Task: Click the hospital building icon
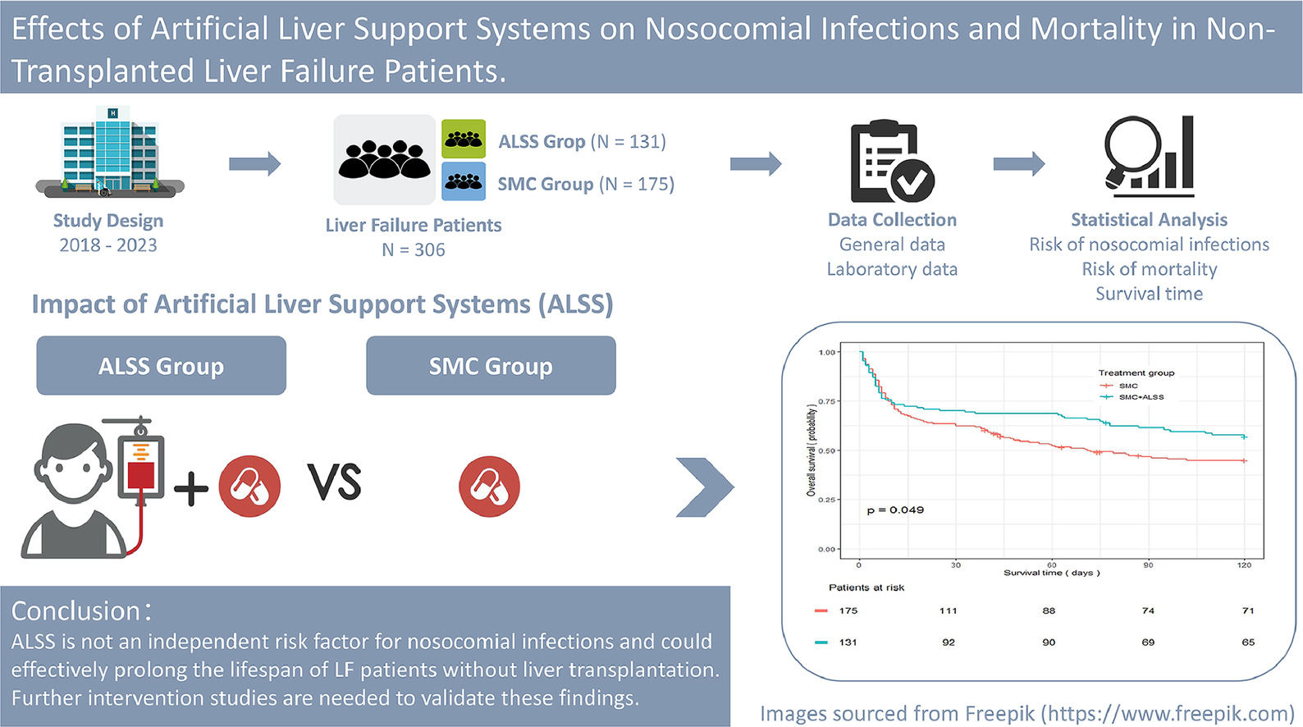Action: (x=110, y=153)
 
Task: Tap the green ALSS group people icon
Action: (x=464, y=139)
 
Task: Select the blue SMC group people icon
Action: (x=464, y=181)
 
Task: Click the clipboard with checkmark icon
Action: (x=891, y=162)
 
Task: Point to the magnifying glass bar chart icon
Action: (x=1149, y=156)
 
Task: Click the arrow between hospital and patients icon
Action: (x=254, y=164)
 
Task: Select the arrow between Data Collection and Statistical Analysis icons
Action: (x=1018, y=164)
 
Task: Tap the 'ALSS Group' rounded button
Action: (x=161, y=366)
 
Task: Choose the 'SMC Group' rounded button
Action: (x=491, y=366)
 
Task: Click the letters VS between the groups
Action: (x=335, y=482)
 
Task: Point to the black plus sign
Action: (x=190, y=489)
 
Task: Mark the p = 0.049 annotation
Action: (x=895, y=510)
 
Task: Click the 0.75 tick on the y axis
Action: (x=826, y=401)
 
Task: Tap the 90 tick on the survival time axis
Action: (x=1148, y=565)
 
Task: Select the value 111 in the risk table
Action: (x=949, y=610)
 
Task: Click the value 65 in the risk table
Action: (x=1247, y=642)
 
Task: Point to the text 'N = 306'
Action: (x=414, y=250)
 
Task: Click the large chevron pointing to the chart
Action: (x=704, y=487)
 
